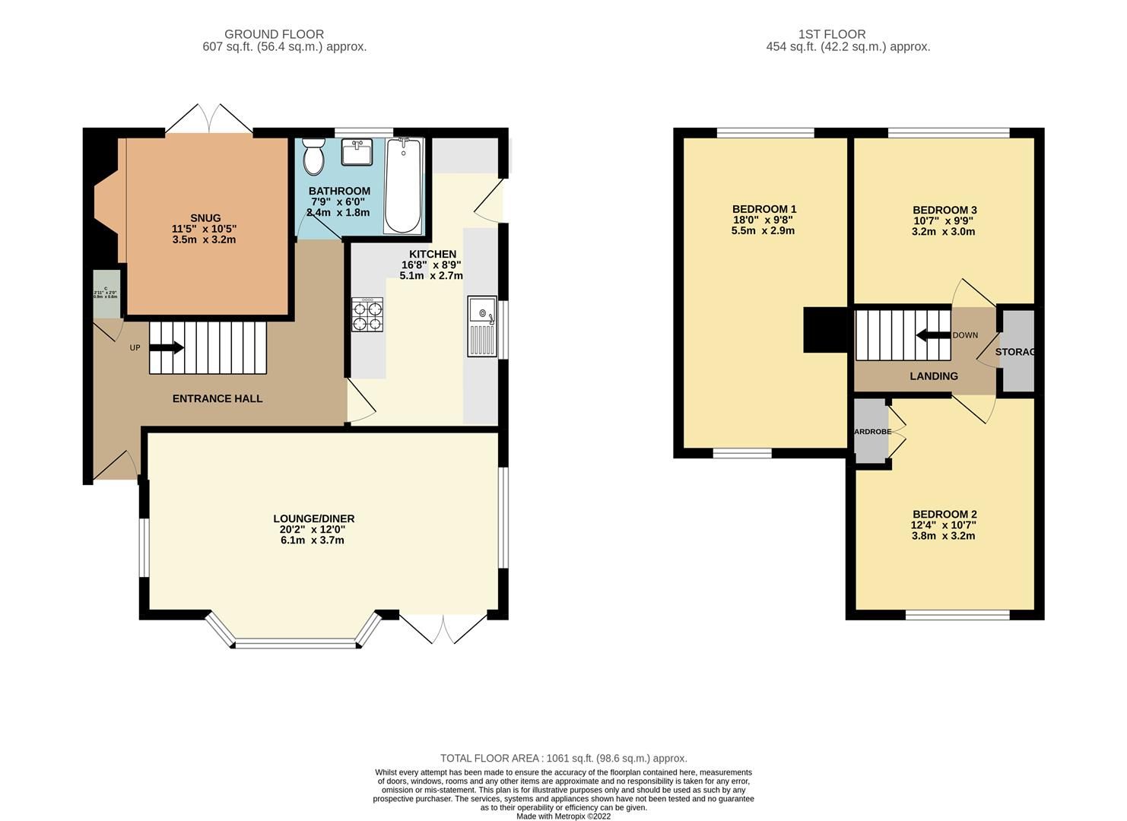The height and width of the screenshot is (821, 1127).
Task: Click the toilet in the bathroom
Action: coord(313,157)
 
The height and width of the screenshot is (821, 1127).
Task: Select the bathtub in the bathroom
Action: coord(403,185)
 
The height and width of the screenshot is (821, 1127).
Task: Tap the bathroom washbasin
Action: coord(356,152)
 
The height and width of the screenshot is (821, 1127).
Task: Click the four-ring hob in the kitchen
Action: coord(367,315)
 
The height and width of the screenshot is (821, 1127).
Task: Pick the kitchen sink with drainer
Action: coord(482,326)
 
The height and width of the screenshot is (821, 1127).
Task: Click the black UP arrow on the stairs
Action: coord(167,347)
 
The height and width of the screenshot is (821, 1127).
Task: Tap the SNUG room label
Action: coord(205,218)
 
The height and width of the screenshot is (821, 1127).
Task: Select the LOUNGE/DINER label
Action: coord(314,518)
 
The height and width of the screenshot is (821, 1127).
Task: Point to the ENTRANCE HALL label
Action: coord(217,398)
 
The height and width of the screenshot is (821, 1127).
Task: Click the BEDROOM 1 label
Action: coord(764,209)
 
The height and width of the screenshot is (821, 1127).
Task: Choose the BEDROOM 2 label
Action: coord(944,514)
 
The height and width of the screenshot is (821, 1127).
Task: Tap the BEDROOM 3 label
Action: coord(944,210)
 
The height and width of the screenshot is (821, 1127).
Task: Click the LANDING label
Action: coord(934,376)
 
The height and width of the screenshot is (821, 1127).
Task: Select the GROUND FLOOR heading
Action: coord(274,34)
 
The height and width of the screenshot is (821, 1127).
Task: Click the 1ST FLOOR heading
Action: coord(832,34)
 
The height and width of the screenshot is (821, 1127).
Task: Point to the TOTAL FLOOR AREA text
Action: coord(563,758)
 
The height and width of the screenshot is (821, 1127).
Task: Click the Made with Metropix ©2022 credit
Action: coord(563,816)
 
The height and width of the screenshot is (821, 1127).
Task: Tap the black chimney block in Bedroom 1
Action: coord(825,330)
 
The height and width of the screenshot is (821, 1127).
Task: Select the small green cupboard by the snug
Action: coord(106,293)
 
